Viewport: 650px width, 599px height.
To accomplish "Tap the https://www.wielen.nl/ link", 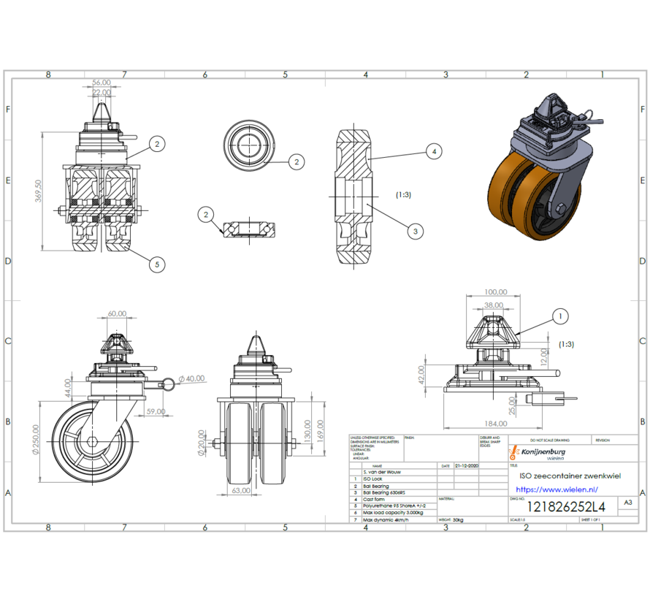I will point(557,489).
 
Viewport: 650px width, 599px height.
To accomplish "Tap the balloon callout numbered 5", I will point(156,264).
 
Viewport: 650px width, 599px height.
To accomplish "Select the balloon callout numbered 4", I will point(434,152).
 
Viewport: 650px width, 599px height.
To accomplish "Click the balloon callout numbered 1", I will point(560,316).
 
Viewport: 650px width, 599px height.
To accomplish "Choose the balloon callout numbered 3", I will point(415,232).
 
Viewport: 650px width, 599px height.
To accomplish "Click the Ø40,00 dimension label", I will point(191,378).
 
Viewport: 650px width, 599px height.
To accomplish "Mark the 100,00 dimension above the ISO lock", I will point(494,291).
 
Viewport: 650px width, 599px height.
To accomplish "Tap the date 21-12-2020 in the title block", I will point(466,465).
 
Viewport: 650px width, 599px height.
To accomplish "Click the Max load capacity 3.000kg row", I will point(391,512).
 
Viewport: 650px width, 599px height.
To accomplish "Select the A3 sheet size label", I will point(626,503).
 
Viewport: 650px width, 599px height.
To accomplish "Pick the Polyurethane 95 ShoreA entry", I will point(393,505).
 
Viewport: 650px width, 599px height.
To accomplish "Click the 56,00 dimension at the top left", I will point(102,83).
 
